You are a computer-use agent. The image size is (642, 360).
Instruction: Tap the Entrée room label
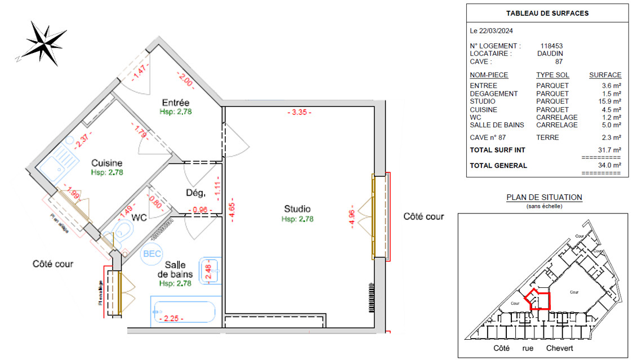[175, 103]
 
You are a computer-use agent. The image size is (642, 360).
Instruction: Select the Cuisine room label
[107, 163]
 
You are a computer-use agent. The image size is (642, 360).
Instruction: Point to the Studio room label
[297, 210]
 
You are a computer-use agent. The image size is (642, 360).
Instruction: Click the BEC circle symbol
[152, 254]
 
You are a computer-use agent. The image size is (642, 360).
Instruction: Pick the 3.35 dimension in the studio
[298, 112]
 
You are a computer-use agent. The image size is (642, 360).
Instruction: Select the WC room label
[139, 217]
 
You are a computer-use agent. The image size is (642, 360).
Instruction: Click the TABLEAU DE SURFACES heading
[547, 14]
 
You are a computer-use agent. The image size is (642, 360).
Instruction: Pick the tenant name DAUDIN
[551, 54]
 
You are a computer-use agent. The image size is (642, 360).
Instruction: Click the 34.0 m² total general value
[609, 166]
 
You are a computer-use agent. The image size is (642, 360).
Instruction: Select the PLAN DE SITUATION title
[544, 198]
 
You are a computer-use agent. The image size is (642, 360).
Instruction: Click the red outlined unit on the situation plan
[537, 299]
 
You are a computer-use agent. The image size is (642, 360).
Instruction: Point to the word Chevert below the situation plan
[559, 348]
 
